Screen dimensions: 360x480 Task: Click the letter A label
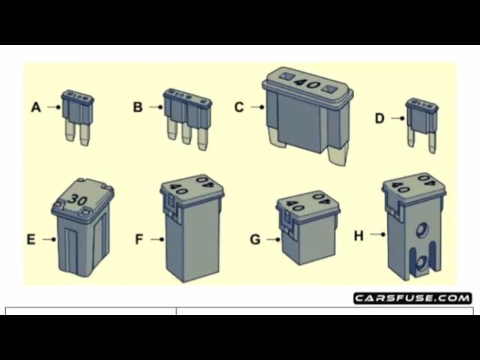coord(36,107)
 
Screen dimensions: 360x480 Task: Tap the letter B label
coord(137,107)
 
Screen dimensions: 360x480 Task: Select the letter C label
coord(239,107)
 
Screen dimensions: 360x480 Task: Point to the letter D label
coord(379,118)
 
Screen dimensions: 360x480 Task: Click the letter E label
coord(31,240)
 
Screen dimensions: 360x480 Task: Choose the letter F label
coord(139,240)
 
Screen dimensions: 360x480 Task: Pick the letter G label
coord(255,240)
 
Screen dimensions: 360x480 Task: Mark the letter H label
coord(358,235)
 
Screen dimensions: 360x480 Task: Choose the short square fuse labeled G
coord(307,229)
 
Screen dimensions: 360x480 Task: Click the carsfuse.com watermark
coord(412,298)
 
